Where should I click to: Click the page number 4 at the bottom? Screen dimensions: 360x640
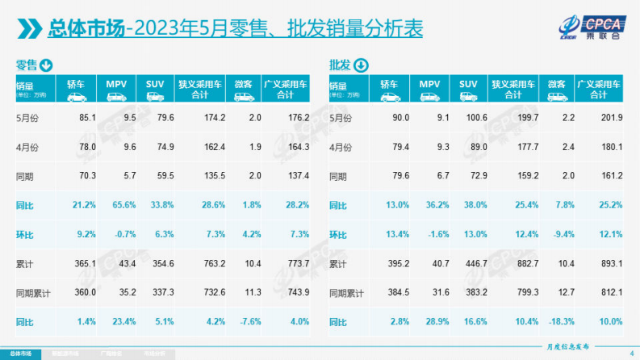pos(630,352)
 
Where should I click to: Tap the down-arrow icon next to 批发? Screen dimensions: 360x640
pos(360,65)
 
